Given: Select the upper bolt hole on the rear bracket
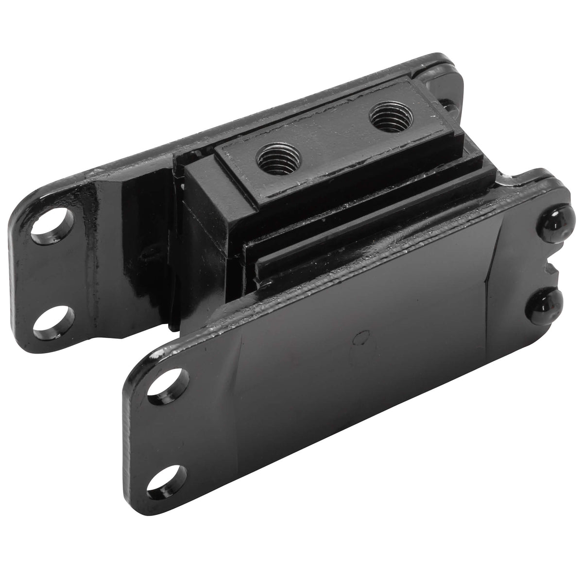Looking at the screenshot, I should point(51,228).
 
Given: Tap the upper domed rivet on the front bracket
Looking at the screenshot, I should point(551,223).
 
